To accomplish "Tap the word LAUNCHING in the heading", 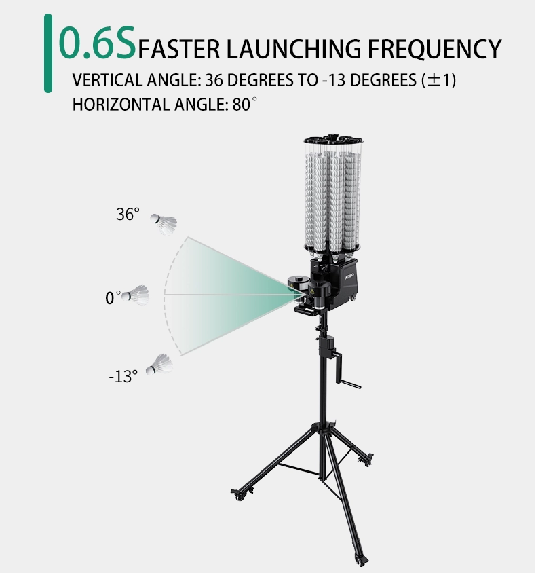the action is pyautogui.click(x=294, y=49).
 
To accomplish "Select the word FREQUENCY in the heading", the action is pyautogui.click(x=434, y=50).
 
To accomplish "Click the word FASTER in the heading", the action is pyautogui.click(x=179, y=49).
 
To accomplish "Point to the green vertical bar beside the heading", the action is pyautogui.click(x=47, y=54).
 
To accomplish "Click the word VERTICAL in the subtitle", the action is pyautogui.click(x=107, y=80).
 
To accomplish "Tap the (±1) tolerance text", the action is pyautogui.click(x=439, y=80).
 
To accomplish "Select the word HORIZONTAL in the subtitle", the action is pyautogui.click(x=121, y=105).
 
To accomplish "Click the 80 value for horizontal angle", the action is pyautogui.click(x=242, y=105).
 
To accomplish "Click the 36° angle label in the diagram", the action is pyautogui.click(x=128, y=214).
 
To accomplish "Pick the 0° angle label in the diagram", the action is pyautogui.click(x=113, y=298).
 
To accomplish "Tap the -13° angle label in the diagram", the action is pyautogui.click(x=123, y=376).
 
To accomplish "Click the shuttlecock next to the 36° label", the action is pyautogui.click(x=164, y=224).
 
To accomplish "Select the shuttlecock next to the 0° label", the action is pyautogui.click(x=136, y=295).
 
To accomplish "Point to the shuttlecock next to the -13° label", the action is pyautogui.click(x=159, y=365).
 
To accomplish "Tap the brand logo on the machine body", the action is pyautogui.click(x=349, y=278).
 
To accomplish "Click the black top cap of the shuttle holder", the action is pyautogui.click(x=332, y=140).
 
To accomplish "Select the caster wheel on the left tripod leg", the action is pyautogui.click(x=239, y=496).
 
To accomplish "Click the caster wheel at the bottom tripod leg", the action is pyautogui.click(x=362, y=559).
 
